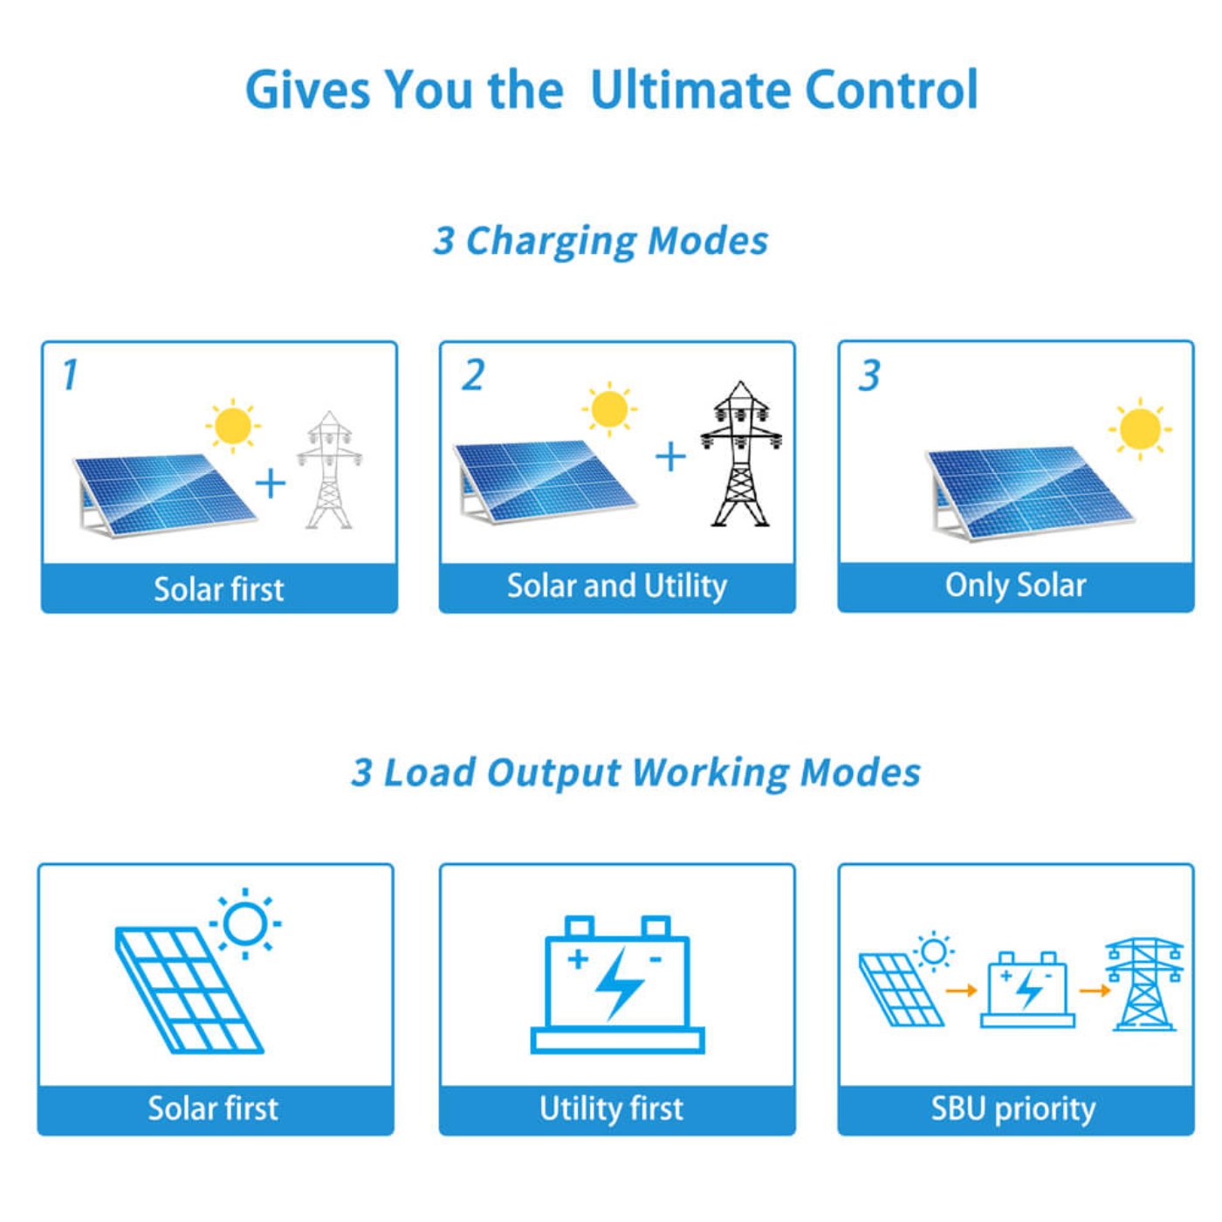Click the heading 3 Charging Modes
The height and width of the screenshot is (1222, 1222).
point(601,241)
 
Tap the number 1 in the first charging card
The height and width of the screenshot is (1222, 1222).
point(70,375)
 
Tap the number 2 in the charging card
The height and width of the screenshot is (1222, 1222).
point(473,375)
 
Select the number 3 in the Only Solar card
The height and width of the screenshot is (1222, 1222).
point(869,375)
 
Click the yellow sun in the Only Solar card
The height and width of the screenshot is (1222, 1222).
point(1139,429)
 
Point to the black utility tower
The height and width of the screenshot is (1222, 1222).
point(741,455)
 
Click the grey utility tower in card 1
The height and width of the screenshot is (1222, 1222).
point(329,470)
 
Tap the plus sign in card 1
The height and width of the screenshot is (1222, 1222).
point(271,483)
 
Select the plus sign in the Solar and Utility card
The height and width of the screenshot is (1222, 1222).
point(670,457)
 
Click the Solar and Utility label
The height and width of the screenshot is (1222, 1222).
point(617,586)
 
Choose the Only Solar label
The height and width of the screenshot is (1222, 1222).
point(1015,586)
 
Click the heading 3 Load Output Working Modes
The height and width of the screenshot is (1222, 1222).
point(635,772)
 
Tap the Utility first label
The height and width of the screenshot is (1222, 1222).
point(611,1109)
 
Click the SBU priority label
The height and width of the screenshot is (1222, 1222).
point(1013,1109)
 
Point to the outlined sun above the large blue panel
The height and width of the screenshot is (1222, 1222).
point(245,923)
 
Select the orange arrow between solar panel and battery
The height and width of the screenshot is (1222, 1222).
point(961,990)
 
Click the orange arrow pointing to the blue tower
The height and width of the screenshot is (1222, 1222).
point(1095,990)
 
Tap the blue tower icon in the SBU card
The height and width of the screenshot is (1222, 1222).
point(1144,985)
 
